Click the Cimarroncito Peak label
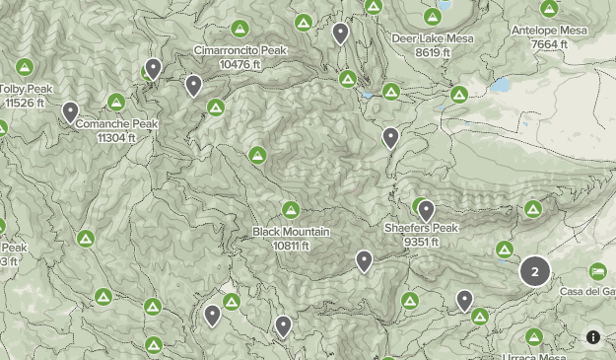[x=240, y=50]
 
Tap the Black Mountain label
[x=291, y=232]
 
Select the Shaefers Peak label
[x=421, y=229]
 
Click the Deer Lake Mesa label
[x=432, y=38]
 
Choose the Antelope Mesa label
[x=549, y=31]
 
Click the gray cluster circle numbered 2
[x=535, y=271]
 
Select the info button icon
[x=593, y=336]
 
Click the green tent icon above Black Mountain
[x=291, y=209]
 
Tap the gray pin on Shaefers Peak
[x=426, y=210]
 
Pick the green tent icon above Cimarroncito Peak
[x=240, y=29]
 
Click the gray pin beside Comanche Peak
[x=70, y=111]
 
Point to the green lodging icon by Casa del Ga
[x=597, y=271]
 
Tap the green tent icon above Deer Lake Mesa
[x=432, y=17]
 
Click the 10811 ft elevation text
[x=291, y=245]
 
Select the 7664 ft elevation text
[x=549, y=43]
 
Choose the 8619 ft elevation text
[x=432, y=51]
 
